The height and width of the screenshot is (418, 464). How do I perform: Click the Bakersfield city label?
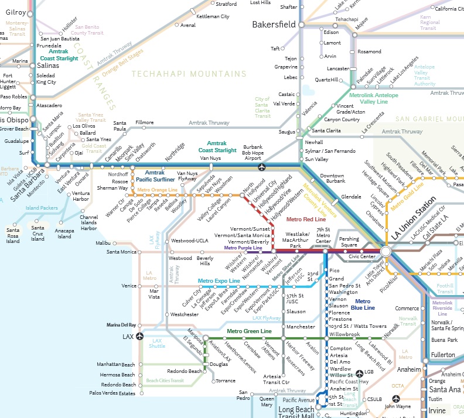(x=274, y=25)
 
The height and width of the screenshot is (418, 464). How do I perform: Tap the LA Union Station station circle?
(x=385, y=251)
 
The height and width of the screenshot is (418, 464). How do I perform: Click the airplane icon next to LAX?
(x=139, y=337)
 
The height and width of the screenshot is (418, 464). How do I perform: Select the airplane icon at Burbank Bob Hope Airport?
(x=262, y=167)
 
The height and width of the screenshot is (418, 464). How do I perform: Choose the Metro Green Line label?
(x=249, y=331)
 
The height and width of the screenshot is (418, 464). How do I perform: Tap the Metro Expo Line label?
(x=219, y=281)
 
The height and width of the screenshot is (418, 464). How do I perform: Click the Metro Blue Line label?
(x=365, y=304)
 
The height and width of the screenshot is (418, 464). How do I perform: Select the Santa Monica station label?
(x=121, y=252)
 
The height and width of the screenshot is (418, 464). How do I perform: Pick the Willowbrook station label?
(x=344, y=334)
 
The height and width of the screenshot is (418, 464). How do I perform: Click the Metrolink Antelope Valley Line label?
(x=374, y=98)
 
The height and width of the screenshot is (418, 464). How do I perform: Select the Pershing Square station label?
(x=349, y=242)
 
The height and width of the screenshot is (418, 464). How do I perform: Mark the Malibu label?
(x=103, y=242)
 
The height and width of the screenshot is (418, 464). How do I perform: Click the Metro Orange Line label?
(x=157, y=190)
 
